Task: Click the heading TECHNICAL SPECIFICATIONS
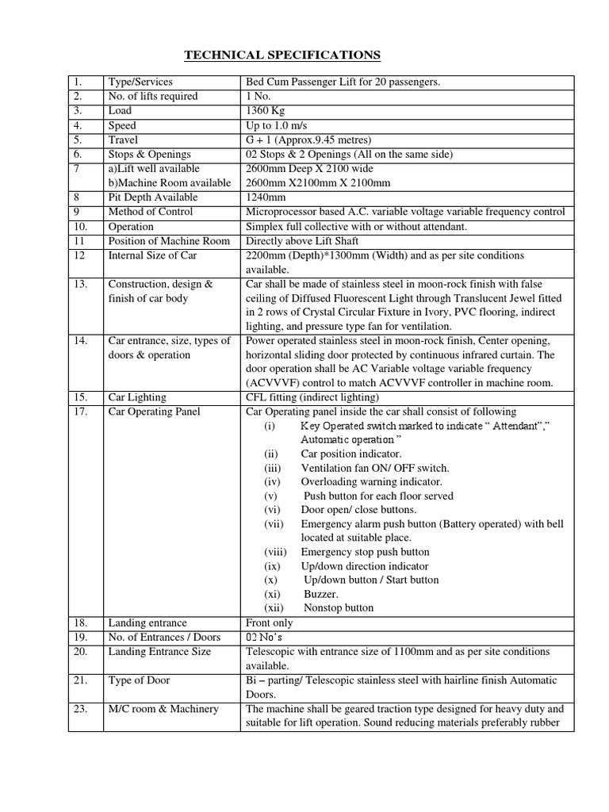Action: [x=282, y=55]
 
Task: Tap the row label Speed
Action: [x=122, y=125]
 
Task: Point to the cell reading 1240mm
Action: [x=266, y=197]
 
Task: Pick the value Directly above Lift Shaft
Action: [x=303, y=241]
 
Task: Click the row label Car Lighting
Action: [x=137, y=396]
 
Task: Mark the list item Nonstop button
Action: [x=339, y=608]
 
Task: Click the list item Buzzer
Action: [x=321, y=594]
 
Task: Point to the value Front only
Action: [x=270, y=623]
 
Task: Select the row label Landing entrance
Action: [x=147, y=623]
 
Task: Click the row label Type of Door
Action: [x=139, y=680]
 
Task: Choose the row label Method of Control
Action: [x=153, y=212]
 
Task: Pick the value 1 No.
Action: [x=259, y=96]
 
